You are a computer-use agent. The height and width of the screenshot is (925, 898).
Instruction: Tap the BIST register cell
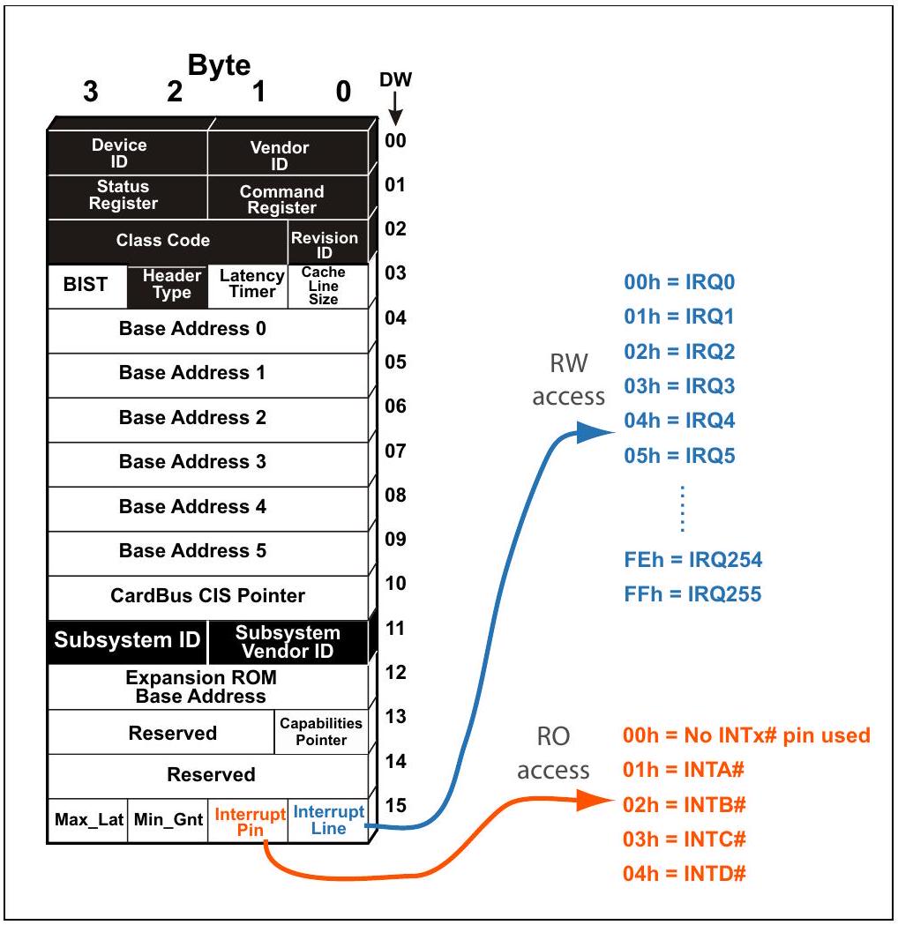(87, 286)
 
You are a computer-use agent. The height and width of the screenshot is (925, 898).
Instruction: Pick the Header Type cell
(168, 286)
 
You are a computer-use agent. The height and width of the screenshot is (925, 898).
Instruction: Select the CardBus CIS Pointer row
(208, 598)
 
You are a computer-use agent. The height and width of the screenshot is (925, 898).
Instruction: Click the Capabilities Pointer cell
(321, 732)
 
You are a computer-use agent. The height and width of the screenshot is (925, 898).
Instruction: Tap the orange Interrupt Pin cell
(248, 821)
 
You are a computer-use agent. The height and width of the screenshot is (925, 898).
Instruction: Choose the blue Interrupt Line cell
(328, 821)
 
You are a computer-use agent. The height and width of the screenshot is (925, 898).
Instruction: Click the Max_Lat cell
(88, 821)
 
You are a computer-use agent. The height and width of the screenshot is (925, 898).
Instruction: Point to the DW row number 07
(395, 451)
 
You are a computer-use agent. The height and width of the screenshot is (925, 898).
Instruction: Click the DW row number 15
(395, 805)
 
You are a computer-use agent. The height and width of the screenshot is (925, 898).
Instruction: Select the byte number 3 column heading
(90, 92)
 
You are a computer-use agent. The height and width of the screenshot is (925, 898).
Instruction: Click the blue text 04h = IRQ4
(680, 421)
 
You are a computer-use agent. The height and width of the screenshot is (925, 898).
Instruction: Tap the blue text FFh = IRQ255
(692, 594)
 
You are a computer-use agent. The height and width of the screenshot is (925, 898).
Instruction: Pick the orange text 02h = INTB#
(685, 805)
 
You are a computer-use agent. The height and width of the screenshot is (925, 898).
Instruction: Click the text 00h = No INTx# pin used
(746, 735)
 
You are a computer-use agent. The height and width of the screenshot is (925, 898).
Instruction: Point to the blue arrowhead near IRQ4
(595, 432)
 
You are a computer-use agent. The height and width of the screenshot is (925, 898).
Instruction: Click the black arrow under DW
(395, 108)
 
